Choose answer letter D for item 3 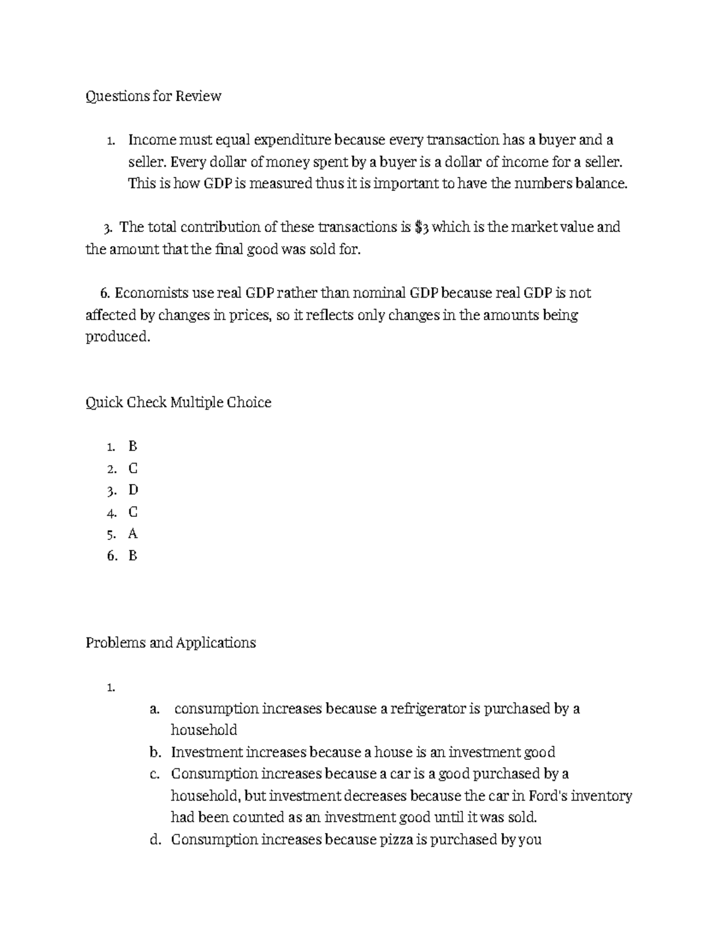(x=133, y=490)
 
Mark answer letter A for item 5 (x=133, y=534)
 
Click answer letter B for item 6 (x=133, y=556)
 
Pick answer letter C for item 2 (x=133, y=468)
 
